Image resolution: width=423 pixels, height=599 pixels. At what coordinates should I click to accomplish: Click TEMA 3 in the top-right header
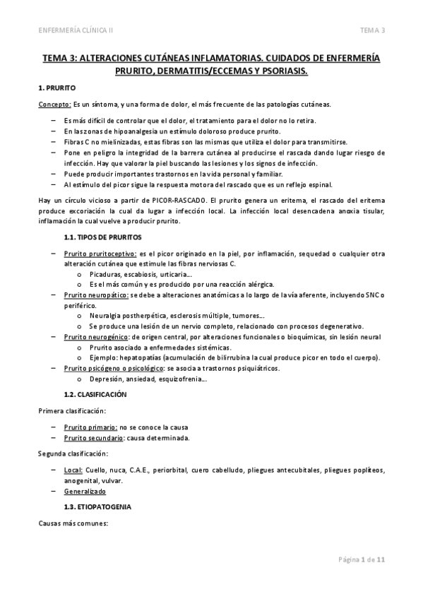tap(371, 30)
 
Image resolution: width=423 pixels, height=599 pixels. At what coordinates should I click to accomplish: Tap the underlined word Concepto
tap(54, 105)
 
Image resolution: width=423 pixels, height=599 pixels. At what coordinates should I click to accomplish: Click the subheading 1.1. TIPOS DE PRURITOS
tap(102, 237)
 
